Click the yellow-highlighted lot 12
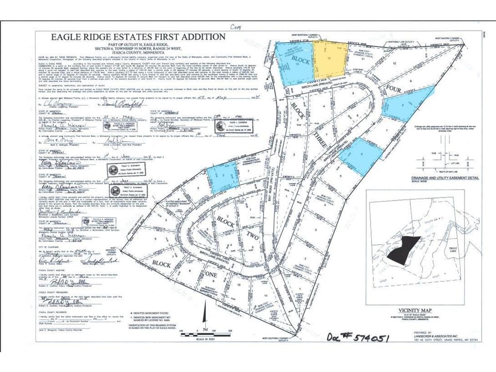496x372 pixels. [x=330, y=58]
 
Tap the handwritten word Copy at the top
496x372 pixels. [x=236, y=28]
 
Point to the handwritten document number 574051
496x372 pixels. [x=358, y=337]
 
